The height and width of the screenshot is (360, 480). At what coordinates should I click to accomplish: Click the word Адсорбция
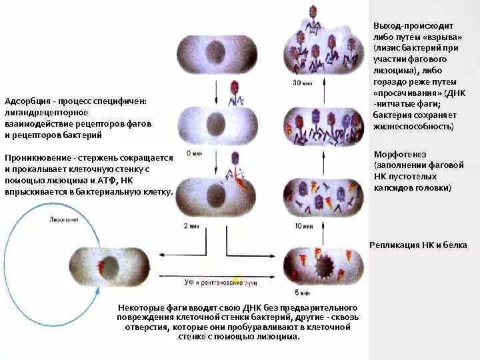coord(27,101)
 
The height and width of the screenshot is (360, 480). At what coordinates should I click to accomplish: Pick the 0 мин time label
coord(194,153)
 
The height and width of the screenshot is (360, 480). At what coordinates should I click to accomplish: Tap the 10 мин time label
coord(301,227)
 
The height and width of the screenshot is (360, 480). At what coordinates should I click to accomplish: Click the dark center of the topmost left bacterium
coord(216,51)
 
